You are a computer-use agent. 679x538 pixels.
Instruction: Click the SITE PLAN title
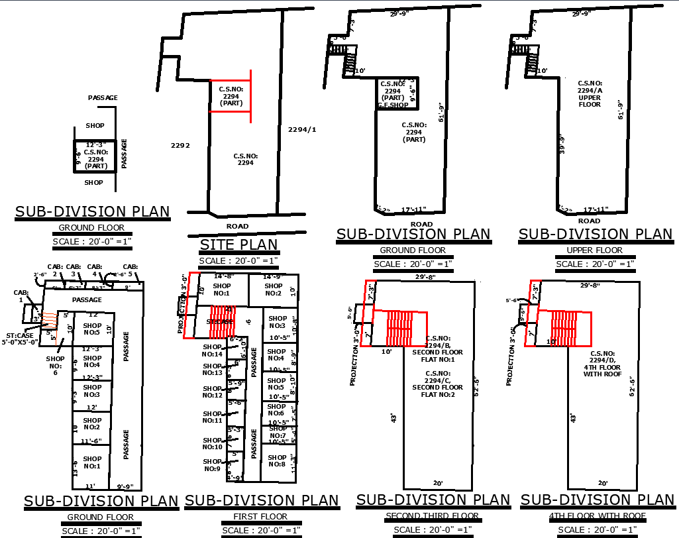tap(239, 245)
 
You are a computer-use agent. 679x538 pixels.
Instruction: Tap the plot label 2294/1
tap(302, 129)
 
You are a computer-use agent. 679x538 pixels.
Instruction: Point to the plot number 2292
tap(180, 145)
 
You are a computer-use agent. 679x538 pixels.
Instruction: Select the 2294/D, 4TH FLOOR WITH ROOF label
tap(601, 364)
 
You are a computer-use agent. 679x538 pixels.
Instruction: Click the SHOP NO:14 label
tap(212, 350)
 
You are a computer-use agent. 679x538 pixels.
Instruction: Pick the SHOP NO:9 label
tap(212, 465)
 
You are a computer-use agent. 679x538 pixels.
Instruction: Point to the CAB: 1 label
tap(21, 296)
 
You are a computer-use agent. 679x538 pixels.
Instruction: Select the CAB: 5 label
tap(130, 270)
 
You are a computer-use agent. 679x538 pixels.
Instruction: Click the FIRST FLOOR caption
tap(260, 516)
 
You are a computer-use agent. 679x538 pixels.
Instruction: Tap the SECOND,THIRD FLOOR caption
tap(432, 515)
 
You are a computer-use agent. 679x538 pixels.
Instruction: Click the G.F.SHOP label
tap(392, 105)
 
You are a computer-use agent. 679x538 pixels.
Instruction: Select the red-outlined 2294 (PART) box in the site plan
tap(230, 97)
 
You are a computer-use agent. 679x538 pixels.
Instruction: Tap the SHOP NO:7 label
tap(278, 432)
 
